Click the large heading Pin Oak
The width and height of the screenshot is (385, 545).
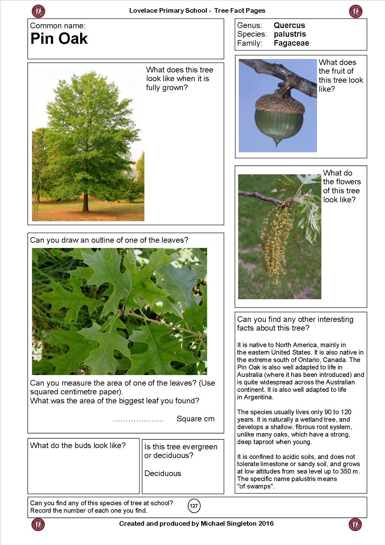[x=59, y=39]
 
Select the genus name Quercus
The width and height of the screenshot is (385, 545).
[x=289, y=25]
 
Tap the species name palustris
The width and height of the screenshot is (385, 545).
[x=290, y=34]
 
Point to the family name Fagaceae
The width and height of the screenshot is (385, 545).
[x=291, y=43]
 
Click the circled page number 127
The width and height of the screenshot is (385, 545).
[x=194, y=506]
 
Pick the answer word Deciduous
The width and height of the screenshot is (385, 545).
[x=163, y=474]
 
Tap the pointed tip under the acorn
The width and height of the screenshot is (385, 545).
[x=276, y=143]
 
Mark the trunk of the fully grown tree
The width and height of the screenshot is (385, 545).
[x=85, y=202]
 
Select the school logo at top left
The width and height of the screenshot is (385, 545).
[x=38, y=11]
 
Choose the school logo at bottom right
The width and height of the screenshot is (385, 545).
[x=355, y=524]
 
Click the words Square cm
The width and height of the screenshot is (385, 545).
[x=195, y=419]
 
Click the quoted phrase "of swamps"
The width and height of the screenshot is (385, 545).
[x=256, y=486]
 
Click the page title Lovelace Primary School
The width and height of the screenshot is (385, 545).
[x=168, y=11]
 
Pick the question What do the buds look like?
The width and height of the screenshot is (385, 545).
[x=78, y=446]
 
